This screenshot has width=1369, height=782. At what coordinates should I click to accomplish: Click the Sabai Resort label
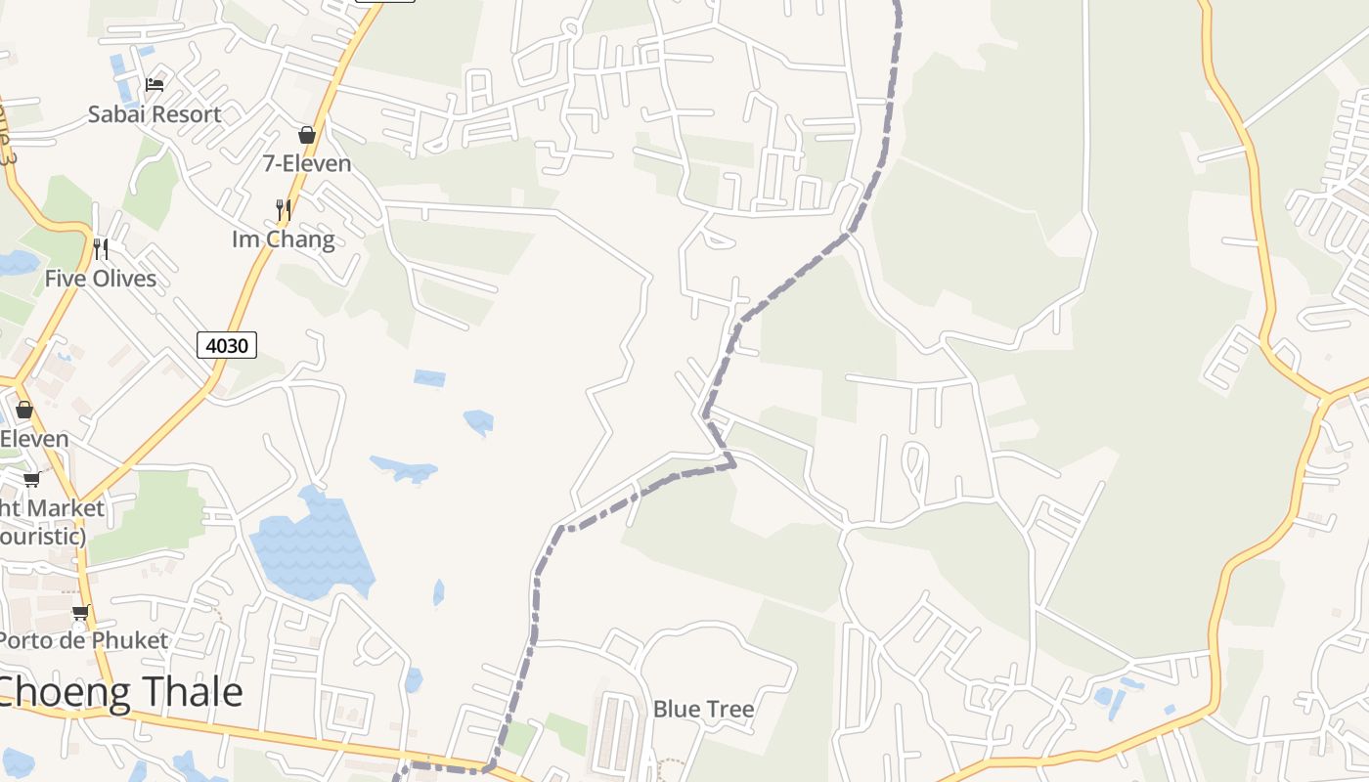155,114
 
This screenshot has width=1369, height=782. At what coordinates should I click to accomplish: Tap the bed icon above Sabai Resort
155,85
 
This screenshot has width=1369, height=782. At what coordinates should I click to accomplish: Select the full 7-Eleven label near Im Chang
307,163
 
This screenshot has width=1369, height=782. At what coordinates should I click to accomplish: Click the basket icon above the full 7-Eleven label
307,135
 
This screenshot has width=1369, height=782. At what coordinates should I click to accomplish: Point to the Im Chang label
284,239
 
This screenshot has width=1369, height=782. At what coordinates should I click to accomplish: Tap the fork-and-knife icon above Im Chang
284,209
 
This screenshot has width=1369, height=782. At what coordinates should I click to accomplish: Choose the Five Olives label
101,279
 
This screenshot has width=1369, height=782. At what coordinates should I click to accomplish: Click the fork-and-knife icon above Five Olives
101,249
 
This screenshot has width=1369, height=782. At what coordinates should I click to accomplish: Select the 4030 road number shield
227,344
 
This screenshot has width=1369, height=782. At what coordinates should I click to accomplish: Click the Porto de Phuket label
84,641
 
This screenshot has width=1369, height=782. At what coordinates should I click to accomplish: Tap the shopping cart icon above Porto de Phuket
80,613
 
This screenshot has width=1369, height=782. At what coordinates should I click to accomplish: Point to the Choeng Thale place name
119,692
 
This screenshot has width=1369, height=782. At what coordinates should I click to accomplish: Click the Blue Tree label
704,709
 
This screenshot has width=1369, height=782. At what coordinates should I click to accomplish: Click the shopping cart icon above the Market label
31,479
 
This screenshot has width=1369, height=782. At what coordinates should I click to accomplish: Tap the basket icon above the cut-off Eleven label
24,410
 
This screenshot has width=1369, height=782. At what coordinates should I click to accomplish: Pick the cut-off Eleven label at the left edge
34,439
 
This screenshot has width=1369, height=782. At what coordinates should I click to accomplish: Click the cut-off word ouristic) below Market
43,537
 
